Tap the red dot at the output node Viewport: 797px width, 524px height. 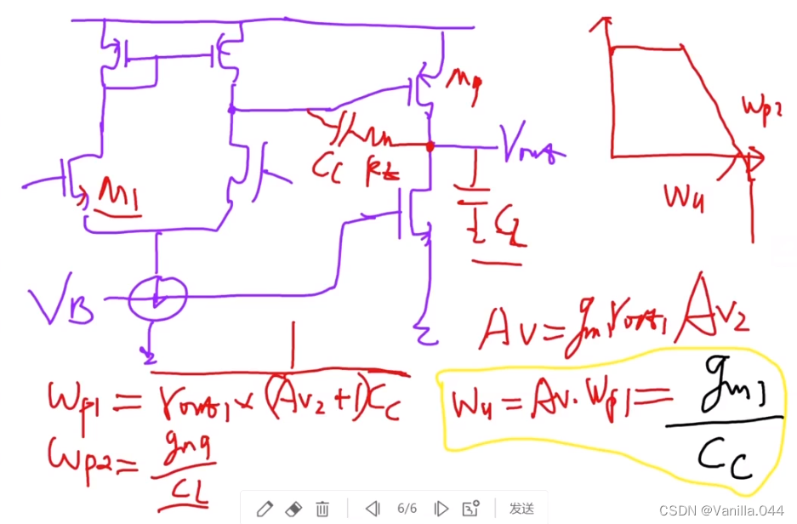430,146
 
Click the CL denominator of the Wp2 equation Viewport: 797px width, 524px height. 190,492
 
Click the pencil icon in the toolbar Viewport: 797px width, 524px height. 264,509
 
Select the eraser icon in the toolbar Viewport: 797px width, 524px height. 293,509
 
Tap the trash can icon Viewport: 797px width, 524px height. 322,509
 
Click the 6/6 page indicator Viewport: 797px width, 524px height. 407,509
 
